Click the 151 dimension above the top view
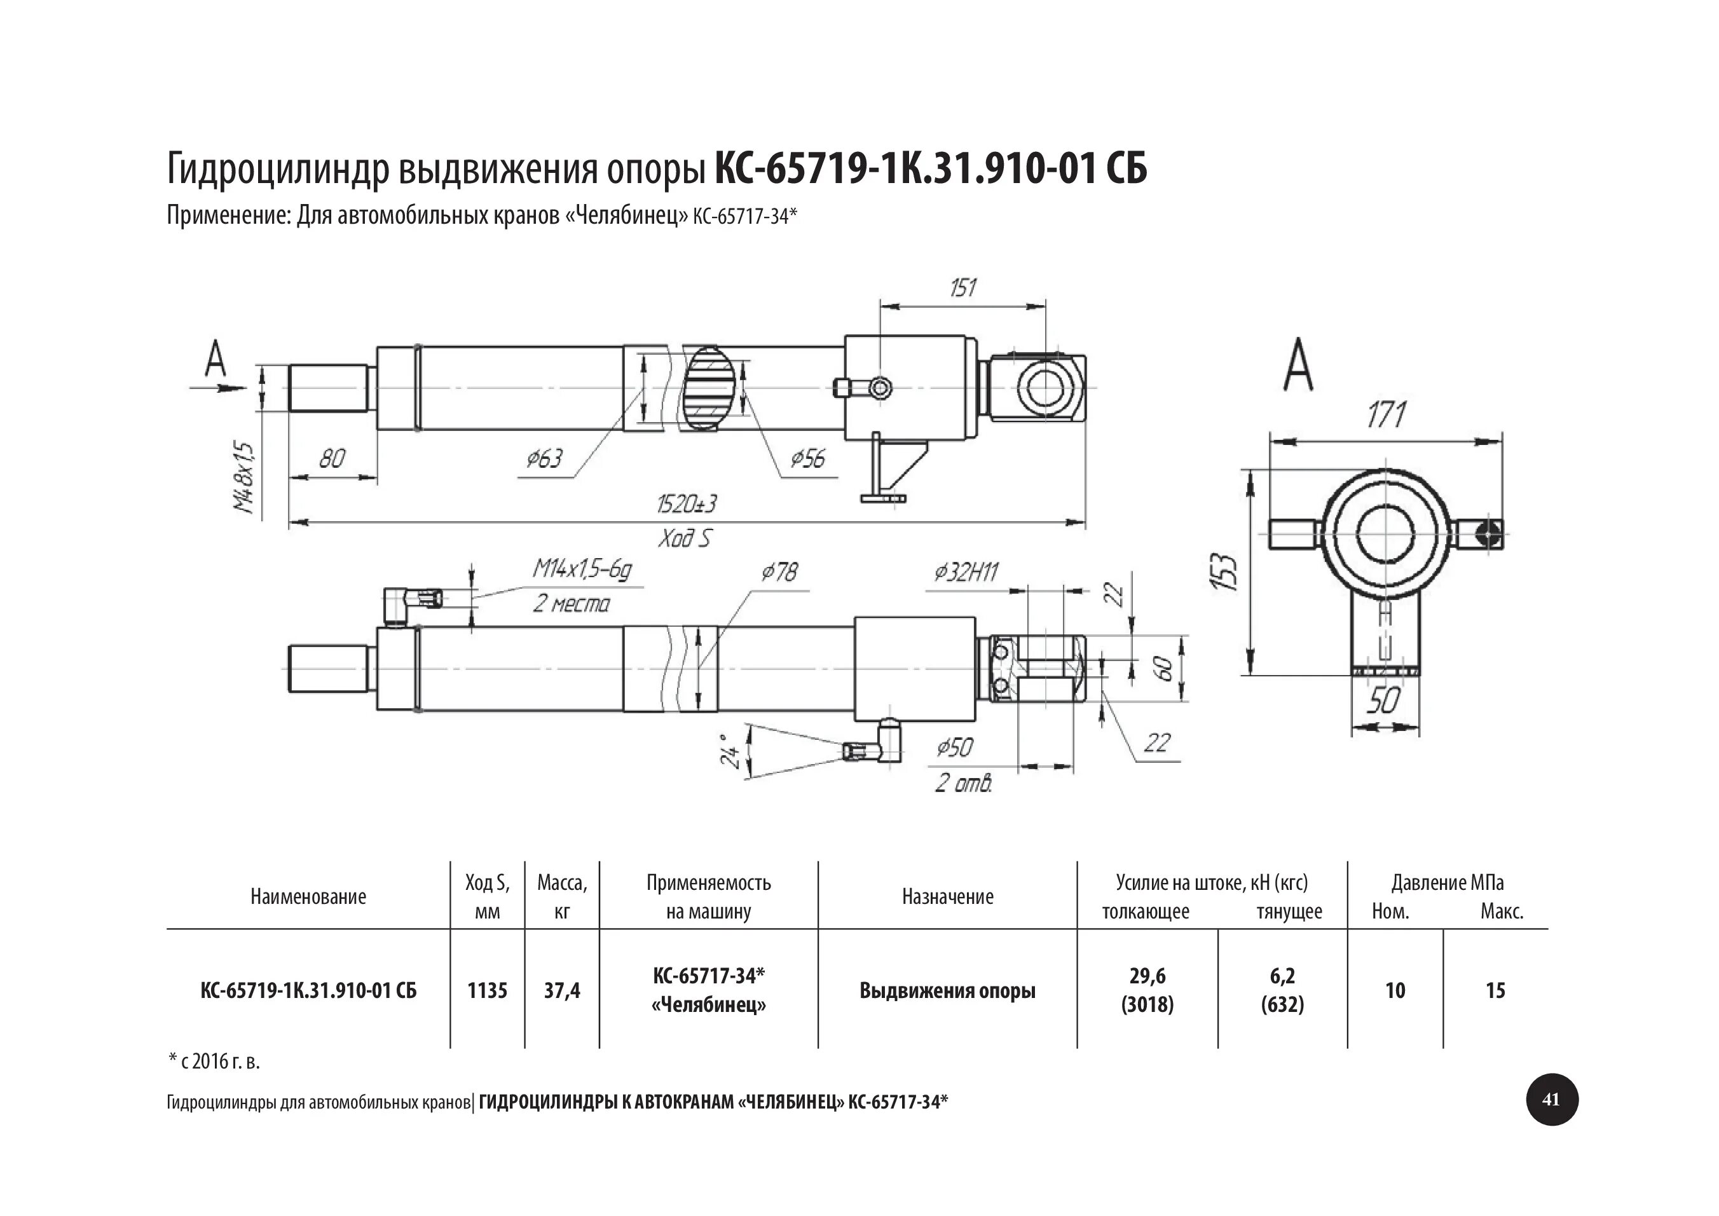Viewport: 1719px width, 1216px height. point(963,287)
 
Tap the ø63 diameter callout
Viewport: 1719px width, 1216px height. point(544,458)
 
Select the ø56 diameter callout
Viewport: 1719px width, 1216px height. point(807,458)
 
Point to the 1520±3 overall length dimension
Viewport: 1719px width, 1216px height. point(686,504)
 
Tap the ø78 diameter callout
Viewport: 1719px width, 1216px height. point(779,572)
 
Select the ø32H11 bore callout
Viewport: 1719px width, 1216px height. point(966,573)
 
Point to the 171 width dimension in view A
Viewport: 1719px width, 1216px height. point(1386,416)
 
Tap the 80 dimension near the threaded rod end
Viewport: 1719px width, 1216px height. point(332,458)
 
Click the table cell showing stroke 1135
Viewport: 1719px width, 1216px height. point(488,990)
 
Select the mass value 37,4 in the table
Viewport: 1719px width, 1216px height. point(562,990)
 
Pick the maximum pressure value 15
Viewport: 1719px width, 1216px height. point(1495,990)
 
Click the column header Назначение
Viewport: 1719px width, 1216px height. point(947,897)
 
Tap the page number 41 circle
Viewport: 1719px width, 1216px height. point(1551,1100)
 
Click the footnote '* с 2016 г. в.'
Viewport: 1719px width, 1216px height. point(214,1061)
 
